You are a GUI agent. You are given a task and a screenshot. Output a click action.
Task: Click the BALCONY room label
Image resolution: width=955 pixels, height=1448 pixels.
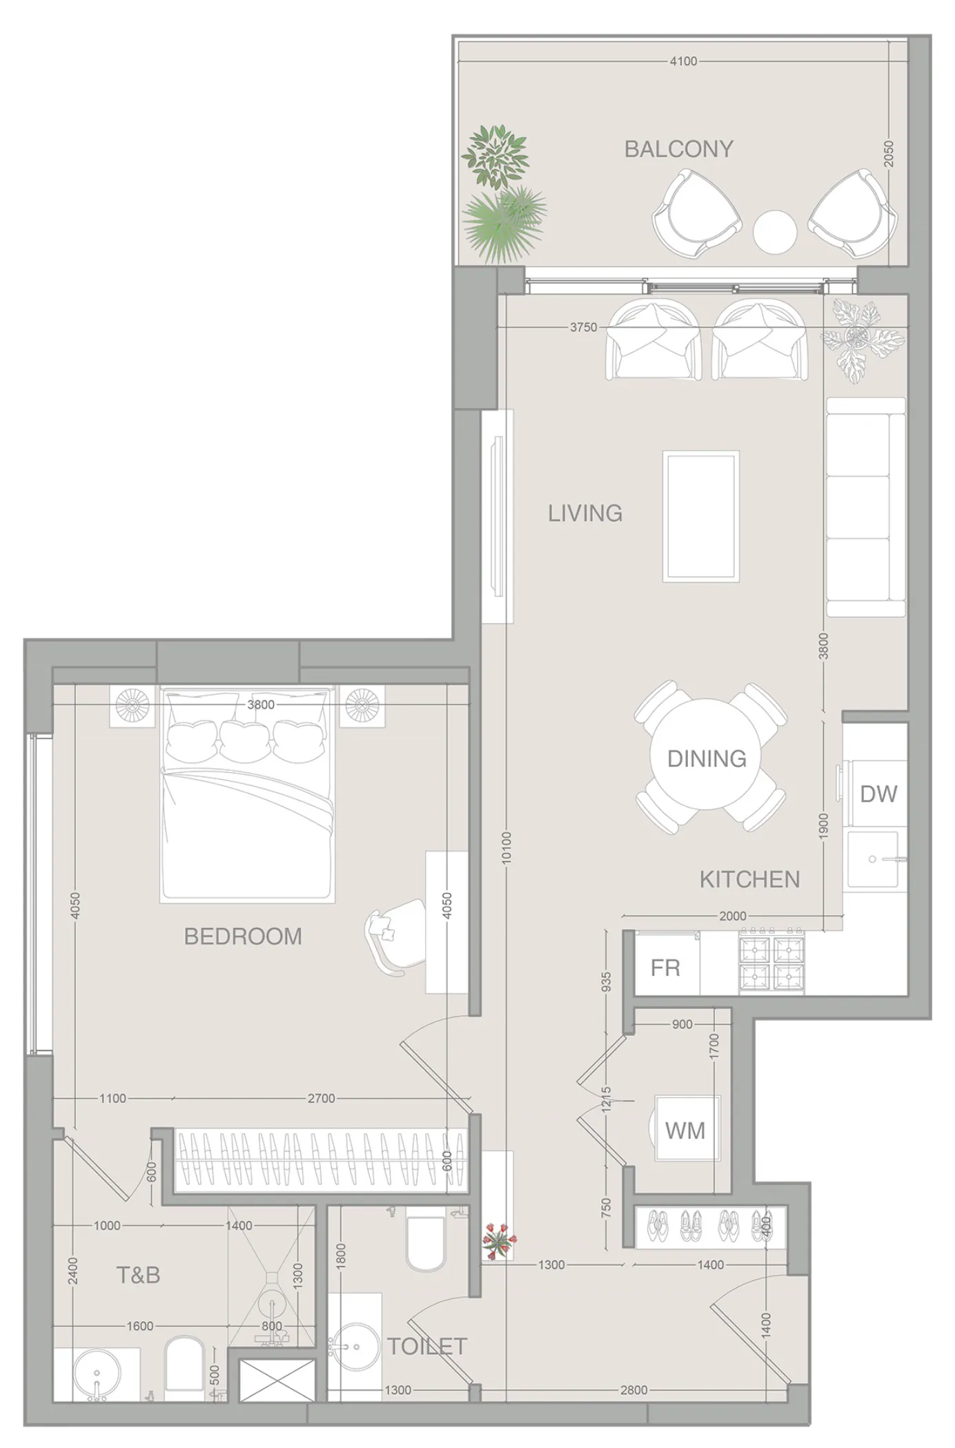point(678,149)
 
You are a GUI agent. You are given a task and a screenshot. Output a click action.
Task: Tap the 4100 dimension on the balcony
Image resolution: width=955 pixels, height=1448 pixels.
point(683,61)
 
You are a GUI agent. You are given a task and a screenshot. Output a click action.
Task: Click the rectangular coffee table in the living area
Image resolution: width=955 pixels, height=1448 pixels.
point(701,517)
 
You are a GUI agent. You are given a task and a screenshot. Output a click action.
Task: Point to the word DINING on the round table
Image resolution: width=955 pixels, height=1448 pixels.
point(707,759)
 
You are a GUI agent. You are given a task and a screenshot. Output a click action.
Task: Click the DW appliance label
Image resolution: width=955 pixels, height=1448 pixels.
point(878,794)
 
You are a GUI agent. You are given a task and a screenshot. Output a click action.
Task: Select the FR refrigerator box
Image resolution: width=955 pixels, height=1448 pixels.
point(666,968)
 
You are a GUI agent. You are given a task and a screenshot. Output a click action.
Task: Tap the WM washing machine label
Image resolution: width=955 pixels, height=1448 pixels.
point(685,1131)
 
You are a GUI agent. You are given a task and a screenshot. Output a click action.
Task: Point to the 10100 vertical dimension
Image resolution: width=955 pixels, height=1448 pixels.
point(506,848)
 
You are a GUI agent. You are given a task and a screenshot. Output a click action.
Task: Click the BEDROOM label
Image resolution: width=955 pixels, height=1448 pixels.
point(243,937)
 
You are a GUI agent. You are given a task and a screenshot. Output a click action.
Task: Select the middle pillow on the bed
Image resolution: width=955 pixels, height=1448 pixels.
point(246,738)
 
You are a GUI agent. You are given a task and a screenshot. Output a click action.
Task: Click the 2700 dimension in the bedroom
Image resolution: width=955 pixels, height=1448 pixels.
point(321,1098)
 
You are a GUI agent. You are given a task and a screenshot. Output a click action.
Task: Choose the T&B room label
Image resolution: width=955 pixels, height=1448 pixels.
point(139,1275)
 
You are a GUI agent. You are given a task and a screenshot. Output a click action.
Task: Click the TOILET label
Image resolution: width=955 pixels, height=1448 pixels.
point(427,1346)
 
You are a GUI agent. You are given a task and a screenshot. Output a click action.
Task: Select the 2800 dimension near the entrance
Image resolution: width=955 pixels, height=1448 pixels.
point(633,1390)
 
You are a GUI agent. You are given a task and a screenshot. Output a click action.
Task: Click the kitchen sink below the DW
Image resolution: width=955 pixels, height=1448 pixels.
point(874,859)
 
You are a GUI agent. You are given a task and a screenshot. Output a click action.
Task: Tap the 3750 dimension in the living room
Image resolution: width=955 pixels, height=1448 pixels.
point(583,327)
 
